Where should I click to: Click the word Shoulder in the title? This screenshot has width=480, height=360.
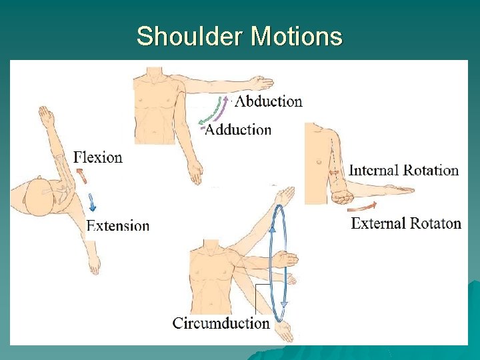click(190, 36)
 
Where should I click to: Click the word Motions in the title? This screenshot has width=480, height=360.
click(297, 36)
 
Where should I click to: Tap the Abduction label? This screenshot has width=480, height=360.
click(269, 101)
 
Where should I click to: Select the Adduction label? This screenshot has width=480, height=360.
click(238, 129)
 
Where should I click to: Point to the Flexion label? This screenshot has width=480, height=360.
click(98, 158)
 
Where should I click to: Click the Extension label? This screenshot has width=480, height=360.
click(118, 225)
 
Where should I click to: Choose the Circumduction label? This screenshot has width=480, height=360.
click(221, 323)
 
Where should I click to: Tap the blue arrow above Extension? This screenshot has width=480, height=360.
click(92, 201)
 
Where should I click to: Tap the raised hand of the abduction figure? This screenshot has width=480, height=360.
click(261, 83)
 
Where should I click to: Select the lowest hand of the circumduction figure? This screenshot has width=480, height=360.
click(285, 331)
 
